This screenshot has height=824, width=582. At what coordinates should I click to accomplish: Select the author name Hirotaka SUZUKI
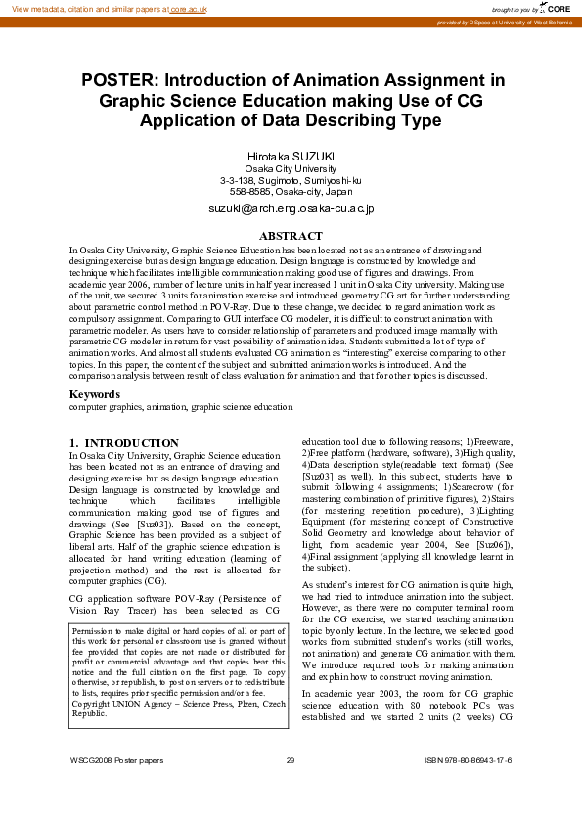tap(291, 156)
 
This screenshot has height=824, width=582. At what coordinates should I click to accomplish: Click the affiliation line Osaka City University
tap(291, 169)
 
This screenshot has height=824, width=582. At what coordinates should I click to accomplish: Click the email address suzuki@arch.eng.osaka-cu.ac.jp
tap(291, 208)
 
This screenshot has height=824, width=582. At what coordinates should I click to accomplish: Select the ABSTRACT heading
tap(291, 236)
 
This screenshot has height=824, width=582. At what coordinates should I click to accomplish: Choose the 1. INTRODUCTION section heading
tap(124, 443)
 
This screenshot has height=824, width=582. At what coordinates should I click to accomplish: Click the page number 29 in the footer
tap(291, 760)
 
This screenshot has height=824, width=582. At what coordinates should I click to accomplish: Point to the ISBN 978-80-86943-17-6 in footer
tap(469, 760)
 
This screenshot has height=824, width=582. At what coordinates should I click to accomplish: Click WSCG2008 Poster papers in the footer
tap(116, 760)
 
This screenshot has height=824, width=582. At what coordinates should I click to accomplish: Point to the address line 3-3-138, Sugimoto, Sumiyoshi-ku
tap(291, 181)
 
